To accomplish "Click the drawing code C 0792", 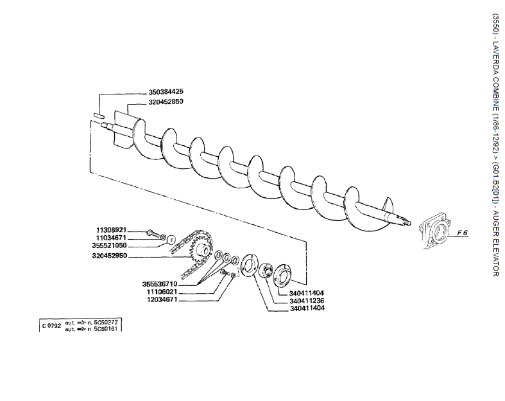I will tap(51, 325).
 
